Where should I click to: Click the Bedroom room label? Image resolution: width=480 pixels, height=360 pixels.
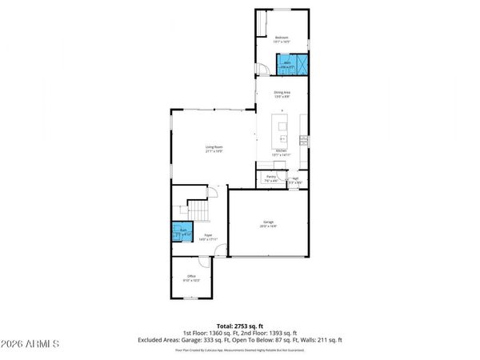click(282, 38)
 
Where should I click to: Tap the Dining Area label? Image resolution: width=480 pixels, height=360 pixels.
click(282, 94)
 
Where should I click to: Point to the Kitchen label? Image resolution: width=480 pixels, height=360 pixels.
click(281, 151)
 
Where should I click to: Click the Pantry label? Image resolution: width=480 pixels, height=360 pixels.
click(270, 178)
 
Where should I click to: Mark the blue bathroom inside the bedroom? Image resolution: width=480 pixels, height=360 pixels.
click(291, 64)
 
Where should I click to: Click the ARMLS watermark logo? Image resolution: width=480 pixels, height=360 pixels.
click(30, 345)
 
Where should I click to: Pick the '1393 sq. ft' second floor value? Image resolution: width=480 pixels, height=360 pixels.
click(282, 334)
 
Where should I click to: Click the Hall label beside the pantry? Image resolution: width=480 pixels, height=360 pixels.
click(295, 179)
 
